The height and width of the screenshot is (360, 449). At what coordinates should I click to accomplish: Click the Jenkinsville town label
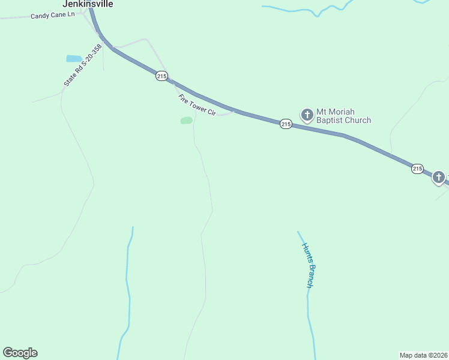(x=88, y=4)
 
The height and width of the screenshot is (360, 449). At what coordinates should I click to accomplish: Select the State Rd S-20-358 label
(x=80, y=65)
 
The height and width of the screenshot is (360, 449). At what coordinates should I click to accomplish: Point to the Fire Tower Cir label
(x=196, y=104)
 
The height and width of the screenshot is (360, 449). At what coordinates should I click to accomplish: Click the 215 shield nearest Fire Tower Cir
(x=161, y=76)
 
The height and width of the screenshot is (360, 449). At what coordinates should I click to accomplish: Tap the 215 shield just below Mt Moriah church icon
(x=286, y=124)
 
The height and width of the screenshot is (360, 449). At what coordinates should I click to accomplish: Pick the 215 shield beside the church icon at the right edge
(x=418, y=169)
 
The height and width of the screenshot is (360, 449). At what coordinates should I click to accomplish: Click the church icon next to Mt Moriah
(x=307, y=115)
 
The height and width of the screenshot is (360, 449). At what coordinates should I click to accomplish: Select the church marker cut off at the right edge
(x=439, y=177)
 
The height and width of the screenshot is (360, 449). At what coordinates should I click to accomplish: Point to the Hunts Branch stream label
(x=309, y=265)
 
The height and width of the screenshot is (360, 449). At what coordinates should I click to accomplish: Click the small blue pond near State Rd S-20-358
(x=74, y=59)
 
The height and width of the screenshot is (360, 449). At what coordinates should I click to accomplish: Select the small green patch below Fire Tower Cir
(x=187, y=121)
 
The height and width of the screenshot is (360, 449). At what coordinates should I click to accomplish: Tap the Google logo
(x=20, y=353)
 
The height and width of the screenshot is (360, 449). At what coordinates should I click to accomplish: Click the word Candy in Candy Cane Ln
(x=40, y=16)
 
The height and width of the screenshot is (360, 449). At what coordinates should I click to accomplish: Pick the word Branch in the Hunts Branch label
(x=310, y=276)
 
